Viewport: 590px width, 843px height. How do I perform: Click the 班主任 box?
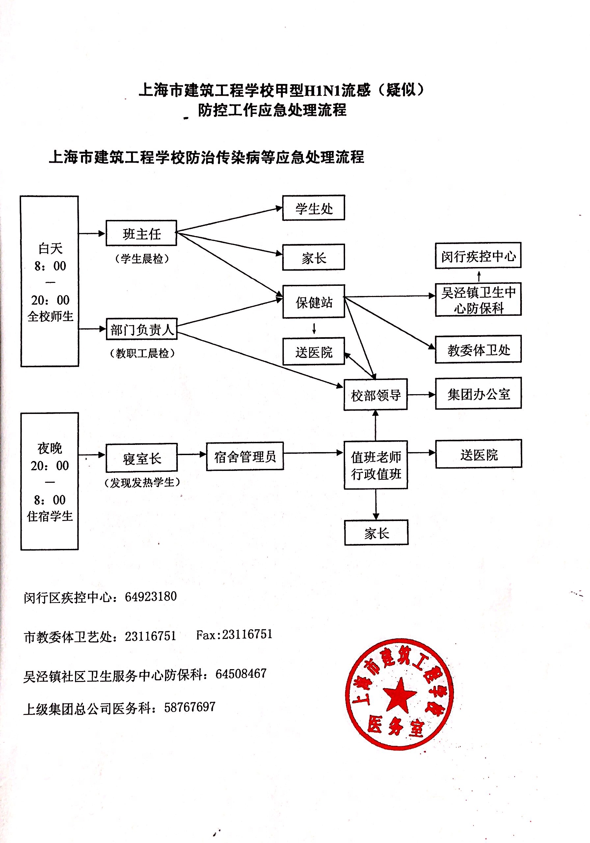pos(141,233)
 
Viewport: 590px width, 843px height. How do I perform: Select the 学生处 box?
pos(313,208)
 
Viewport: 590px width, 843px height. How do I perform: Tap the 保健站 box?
pos(313,301)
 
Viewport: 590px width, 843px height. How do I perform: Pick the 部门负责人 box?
pos(141,329)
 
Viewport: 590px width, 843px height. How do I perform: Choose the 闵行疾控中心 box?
pos(478,256)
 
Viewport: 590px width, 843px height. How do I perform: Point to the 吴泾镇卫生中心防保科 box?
pos(478,299)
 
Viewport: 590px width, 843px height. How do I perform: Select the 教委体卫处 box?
pos(478,349)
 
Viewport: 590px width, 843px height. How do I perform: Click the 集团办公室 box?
pos(478,393)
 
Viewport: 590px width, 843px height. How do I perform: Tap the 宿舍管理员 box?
pos(245,456)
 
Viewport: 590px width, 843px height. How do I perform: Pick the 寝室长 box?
pos(141,458)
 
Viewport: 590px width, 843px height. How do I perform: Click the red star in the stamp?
pos(399,694)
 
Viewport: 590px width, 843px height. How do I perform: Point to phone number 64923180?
pos(151,597)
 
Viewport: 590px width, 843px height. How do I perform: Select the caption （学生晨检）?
pos(142,259)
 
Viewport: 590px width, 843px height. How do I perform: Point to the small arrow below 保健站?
pos(314,328)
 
